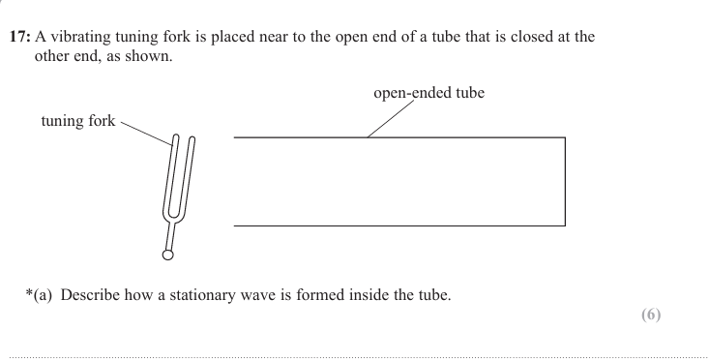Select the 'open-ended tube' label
click(x=429, y=94)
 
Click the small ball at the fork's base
click(x=168, y=255)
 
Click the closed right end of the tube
click(x=565, y=181)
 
